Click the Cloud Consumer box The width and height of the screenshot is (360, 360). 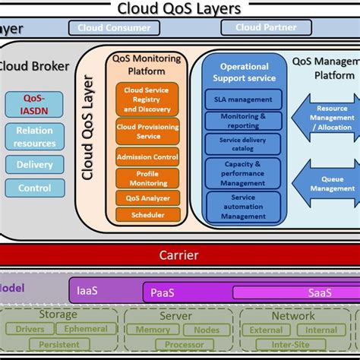click(115, 28)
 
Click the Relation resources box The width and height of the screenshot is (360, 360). click(34, 137)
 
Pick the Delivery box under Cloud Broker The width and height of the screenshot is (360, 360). click(34, 165)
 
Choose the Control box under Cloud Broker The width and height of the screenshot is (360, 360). click(34, 188)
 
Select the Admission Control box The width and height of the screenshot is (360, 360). click(147, 157)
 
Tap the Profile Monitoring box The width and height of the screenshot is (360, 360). click(147, 178)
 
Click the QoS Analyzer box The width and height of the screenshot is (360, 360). click(147, 198)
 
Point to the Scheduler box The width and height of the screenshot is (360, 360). click(147, 215)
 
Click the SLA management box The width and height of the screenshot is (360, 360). click(243, 99)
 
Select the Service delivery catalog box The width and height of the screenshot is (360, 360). click(243, 144)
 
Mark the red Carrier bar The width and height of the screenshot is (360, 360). click(179, 255)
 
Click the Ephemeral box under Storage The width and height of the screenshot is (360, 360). click(86, 329)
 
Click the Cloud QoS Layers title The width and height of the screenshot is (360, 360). click(179, 8)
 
